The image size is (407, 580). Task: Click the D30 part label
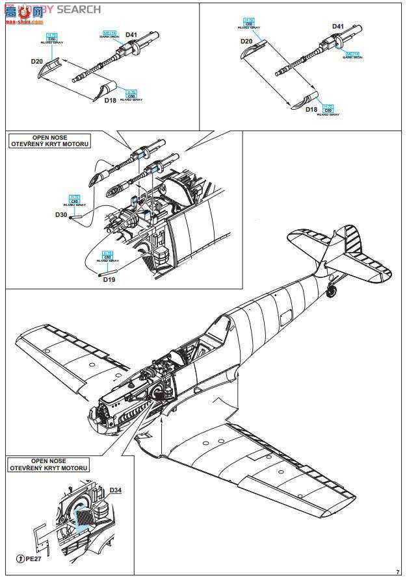tap(60, 214)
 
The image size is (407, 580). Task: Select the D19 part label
tap(109, 279)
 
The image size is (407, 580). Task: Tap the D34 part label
tap(115, 490)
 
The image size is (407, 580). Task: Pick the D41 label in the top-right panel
tap(338, 27)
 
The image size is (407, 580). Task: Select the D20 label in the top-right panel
tap(246, 41)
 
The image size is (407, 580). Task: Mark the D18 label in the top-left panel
tap(110, 101)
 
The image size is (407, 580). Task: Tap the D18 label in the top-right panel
tap(312, 110)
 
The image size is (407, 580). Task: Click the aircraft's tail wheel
tap(332, 292)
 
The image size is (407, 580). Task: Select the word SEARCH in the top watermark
tap(79, 9)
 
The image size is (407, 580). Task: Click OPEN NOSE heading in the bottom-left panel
tap(49, 461)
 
